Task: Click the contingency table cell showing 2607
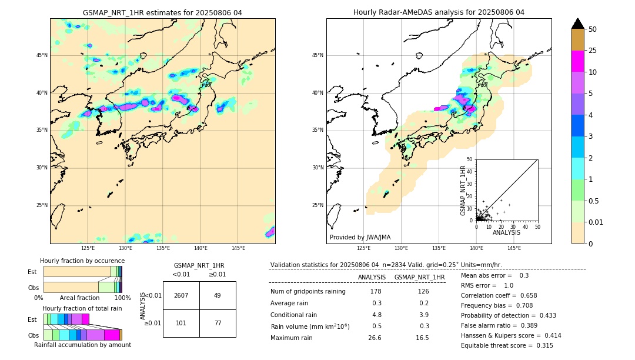(x=181, y=295)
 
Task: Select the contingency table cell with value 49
(x=217, y=295)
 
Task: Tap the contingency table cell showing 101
(x=181, y=323)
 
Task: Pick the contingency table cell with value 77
(x=217, y=323)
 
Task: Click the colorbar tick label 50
(x=593, y=29)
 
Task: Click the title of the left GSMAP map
(x=162, y=12)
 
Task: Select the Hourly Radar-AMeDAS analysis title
(x=439, y=12)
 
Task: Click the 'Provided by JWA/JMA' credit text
(x=360, y=238)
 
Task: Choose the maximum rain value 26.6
(x=375, y=338)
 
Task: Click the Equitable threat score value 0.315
(x=542, y=345)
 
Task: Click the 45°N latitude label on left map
(x=42, y=55)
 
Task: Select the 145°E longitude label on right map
(x=514, y=248)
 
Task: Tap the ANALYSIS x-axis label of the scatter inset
(x=506, y=232)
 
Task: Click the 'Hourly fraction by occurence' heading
(x=82, y=261)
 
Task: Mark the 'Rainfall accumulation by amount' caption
(x=82, y=345)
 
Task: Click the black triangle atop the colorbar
(x=578, y=24)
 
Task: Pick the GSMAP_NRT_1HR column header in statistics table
(x=419, y=277)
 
